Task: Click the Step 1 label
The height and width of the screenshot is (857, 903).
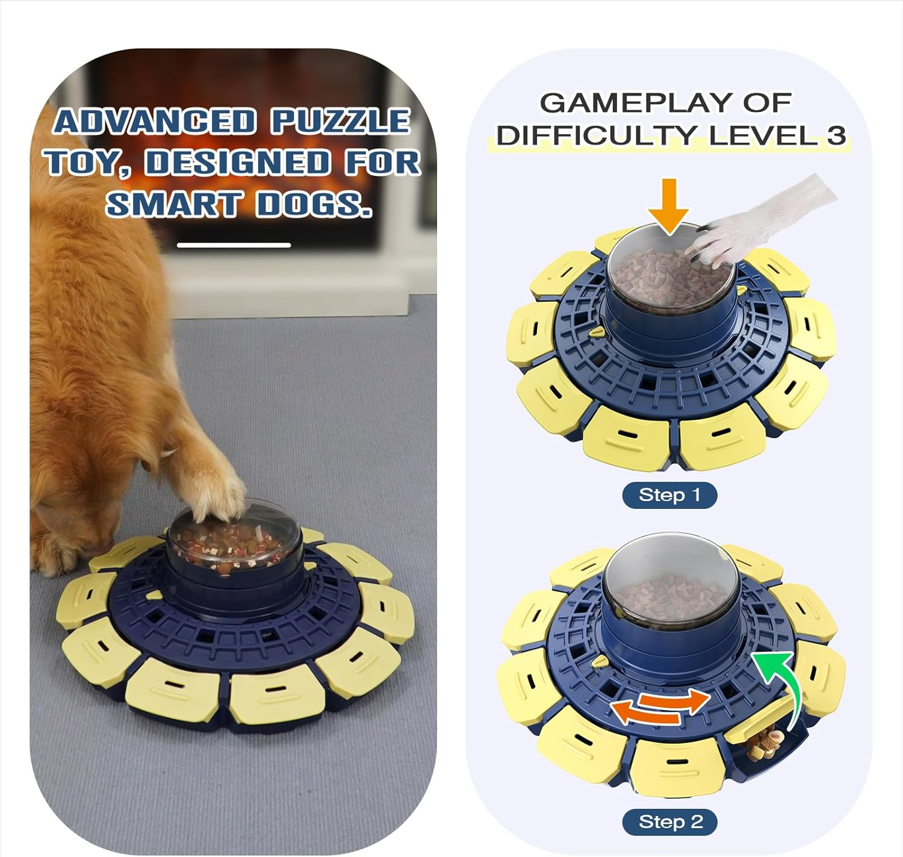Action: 669,495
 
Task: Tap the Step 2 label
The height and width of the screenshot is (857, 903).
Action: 669,822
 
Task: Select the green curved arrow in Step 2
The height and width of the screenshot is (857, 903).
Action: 783,687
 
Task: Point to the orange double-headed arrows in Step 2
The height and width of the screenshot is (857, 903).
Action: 661,706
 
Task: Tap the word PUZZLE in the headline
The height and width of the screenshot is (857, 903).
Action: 340,121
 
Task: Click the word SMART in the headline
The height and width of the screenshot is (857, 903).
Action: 173,204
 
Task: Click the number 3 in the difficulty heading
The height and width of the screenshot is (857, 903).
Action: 836,135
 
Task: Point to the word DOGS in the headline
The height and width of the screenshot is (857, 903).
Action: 313,204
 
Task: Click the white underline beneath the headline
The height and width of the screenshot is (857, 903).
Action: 234,245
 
